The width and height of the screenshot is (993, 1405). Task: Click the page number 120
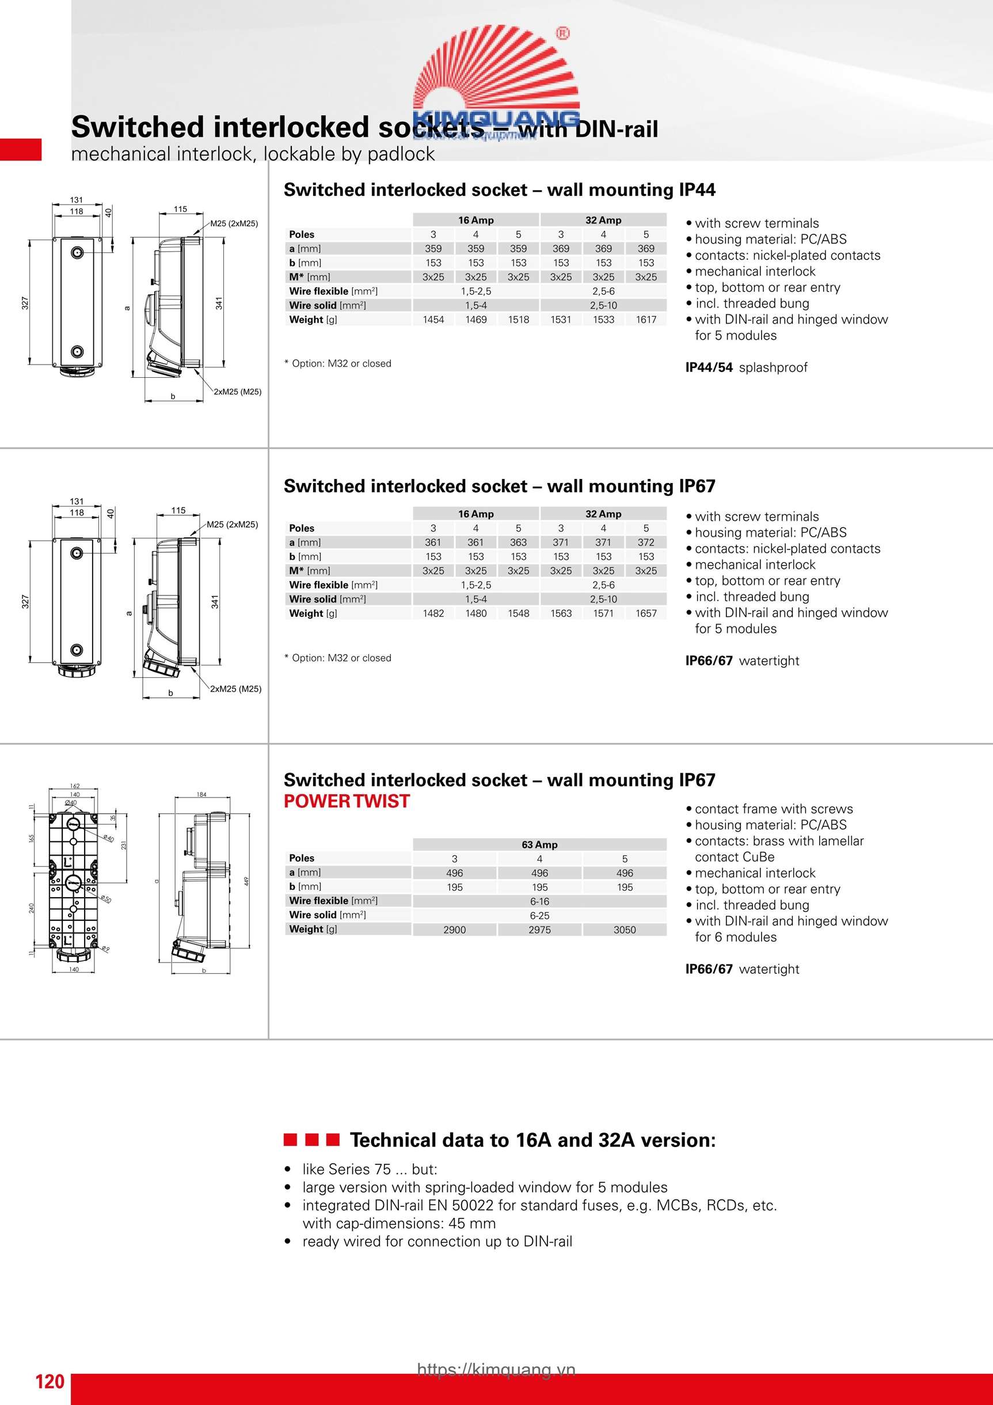coord(50,1381)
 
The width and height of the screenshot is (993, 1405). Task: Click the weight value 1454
coord(433,320)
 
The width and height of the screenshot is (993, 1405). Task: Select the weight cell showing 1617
coord(645,320)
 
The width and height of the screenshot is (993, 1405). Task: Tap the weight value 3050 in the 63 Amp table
coord(624,929)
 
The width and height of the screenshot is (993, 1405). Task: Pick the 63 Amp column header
coord(539,845)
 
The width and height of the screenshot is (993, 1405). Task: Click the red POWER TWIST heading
coord(347,801)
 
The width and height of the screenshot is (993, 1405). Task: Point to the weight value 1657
coord(645,613)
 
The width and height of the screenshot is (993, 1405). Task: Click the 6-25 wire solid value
coord(539,916)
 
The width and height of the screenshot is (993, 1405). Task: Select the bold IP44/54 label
coord(709,367)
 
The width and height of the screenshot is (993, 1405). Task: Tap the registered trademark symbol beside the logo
coord(562,33)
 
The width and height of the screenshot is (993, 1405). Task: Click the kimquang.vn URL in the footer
coord(496,1369)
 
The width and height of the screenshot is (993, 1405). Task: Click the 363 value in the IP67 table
coord(518,542)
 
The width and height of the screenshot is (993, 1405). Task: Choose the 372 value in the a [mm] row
coord(645,542)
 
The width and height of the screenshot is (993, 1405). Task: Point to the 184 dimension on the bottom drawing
coord(201,794)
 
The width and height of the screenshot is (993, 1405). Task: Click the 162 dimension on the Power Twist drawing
coord(75,786)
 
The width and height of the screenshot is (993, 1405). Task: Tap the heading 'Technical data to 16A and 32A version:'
coord(532,1140)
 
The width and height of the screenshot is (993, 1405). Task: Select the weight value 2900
coord(455,929)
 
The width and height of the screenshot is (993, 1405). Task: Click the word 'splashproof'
coord(773,367)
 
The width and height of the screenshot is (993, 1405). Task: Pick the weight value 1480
coord(475,613)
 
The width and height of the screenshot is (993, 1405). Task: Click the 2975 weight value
coord(539,929)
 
